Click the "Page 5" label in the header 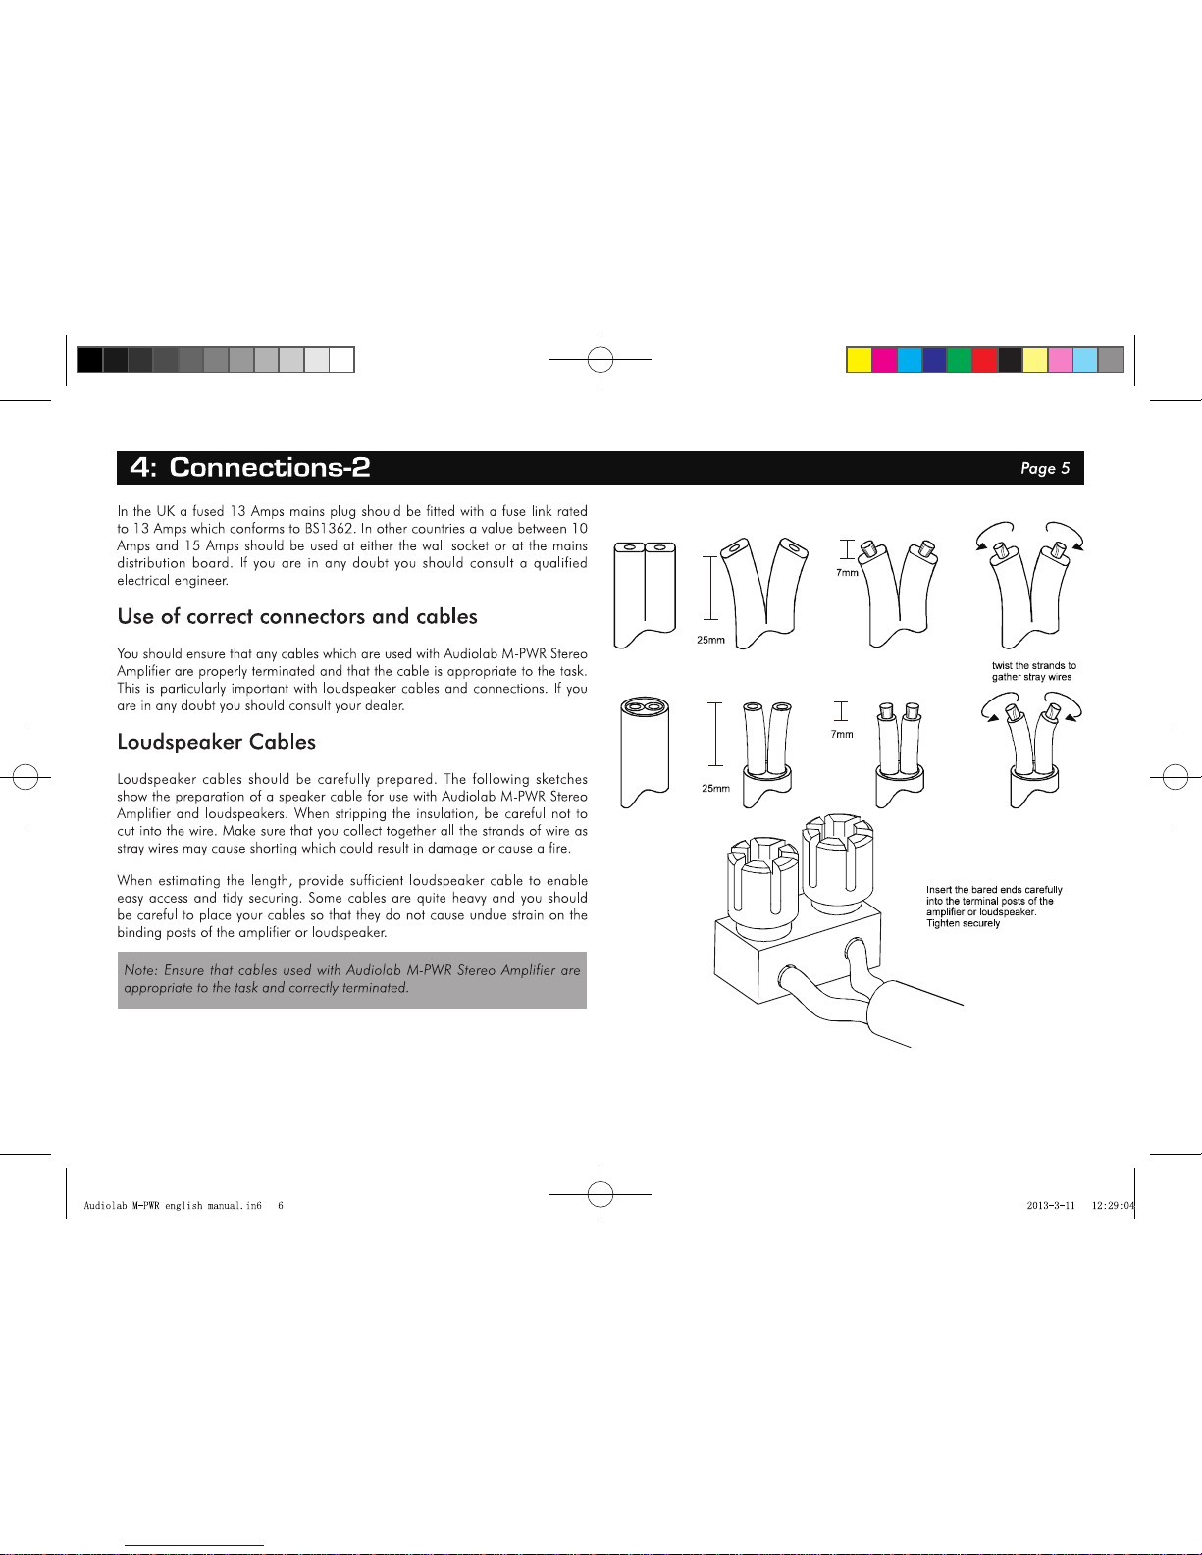click(x=1045, y=468)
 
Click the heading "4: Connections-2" click(x=250, y=467)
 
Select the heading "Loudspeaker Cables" click(x=216, y=742)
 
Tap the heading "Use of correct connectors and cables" click(x=297, y=616)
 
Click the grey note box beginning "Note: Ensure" click(x=351, y=979)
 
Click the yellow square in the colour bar click(x=860, y=360)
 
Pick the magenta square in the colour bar click(x=884, y=360)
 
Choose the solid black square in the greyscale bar click(x=89, y=360)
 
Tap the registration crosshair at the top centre click(x=601, y=360)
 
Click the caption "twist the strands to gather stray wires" click(x=1033, y=671)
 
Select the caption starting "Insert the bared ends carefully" click(x=994, y=907)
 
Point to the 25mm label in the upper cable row click(x=710, y=640)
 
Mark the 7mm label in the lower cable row click(x=842, y=734)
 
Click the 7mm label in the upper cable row click(x=847, y=573)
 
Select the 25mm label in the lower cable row click(x=715, y=788)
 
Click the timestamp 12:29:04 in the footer click(x=1113, y=1206)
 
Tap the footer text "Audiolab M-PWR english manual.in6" click(x=173, y=1206)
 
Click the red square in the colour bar click(x=984, y=360)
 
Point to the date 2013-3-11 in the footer click(x=1051, y=1206)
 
